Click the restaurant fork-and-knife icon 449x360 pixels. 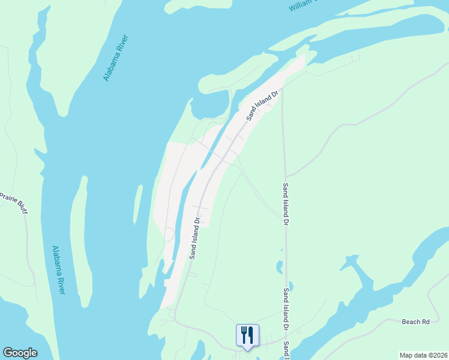(247, 335)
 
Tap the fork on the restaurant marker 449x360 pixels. (244, 334)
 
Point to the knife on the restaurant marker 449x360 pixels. (251, 334)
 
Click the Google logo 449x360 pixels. (20, 353)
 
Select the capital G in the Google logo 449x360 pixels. (7, 353)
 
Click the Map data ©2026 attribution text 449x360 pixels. (423, 355)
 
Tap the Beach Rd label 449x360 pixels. (415, 322)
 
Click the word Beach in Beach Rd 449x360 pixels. (411, 322)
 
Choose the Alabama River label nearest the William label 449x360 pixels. (116, 58)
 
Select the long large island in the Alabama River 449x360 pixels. (108, 120)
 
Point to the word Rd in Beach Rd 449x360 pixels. (426, 322)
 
